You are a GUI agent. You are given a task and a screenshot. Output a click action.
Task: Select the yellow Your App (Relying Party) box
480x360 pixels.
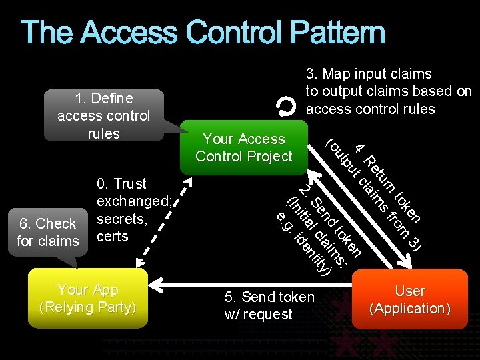87,299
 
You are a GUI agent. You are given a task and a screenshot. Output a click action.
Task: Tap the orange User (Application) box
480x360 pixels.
410,299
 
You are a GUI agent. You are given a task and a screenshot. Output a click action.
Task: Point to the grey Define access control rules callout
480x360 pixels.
103,115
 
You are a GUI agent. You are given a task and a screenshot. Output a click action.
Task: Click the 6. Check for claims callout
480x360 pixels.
47,232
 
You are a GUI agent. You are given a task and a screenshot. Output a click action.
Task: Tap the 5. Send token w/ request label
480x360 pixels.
269,305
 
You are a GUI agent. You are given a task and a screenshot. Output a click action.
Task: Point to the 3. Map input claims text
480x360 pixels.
368,74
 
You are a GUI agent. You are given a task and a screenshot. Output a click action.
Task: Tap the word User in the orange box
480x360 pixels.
410,291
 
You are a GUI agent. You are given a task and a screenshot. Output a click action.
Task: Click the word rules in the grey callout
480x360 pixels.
103,133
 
